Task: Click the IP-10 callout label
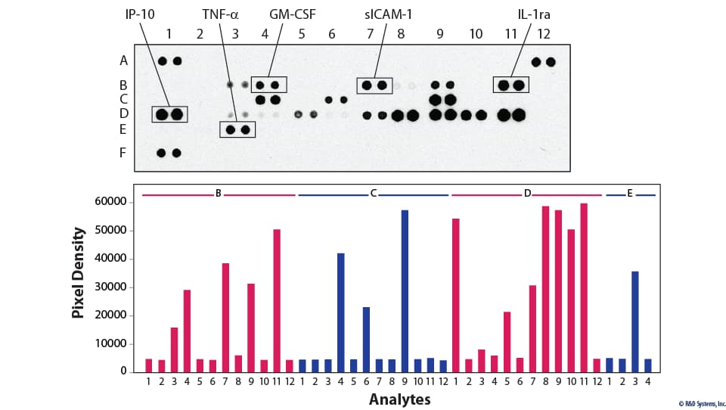(141, 14)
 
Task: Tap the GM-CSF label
(293, 14)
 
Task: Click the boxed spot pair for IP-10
(169, 114)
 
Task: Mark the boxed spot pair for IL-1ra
(511, 85)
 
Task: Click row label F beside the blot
(123, 153)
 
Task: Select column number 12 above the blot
(544, 34)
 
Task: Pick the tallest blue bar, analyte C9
(405, 290)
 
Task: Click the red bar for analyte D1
(456, 295)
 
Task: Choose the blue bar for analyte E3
(635, 321)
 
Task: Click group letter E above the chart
(630, 194)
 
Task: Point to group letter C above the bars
(373, 194)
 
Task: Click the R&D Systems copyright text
(700, 403)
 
